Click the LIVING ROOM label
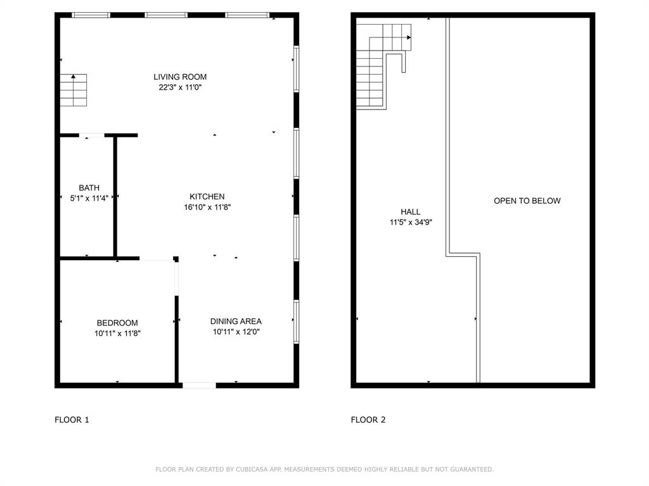point(180,77)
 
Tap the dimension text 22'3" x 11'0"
point(180,88)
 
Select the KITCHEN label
point(207,197)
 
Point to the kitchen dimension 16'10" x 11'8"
point(207,207)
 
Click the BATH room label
point(89,188)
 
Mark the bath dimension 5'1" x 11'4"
point(89,198)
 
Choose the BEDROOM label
point(117,323)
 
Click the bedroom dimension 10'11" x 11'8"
point(117,333)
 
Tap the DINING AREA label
point(236,321)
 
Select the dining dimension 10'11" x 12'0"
point(236,332)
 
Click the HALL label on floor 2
point(410,212)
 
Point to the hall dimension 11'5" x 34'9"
point(410,222)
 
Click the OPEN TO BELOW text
point(527,201)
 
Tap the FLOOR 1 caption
point(72,420)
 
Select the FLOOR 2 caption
point(368,420)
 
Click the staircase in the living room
point(74,90)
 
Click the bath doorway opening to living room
point(92,135)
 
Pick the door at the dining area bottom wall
point(200,384)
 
